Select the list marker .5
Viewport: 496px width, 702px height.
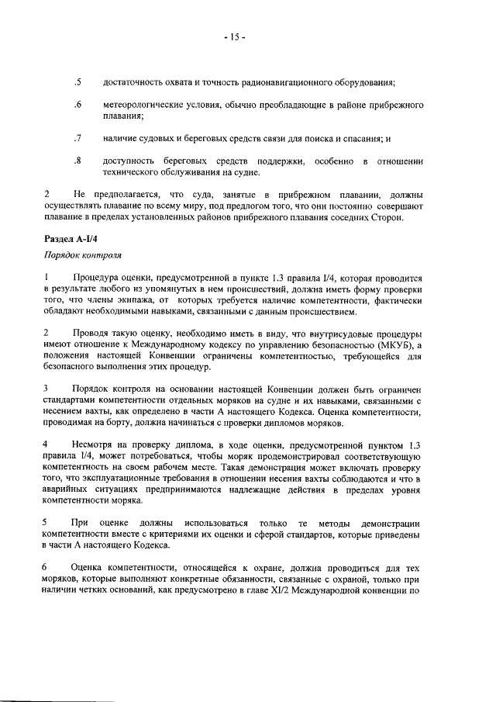pyautogui.click(x=77, y=82)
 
